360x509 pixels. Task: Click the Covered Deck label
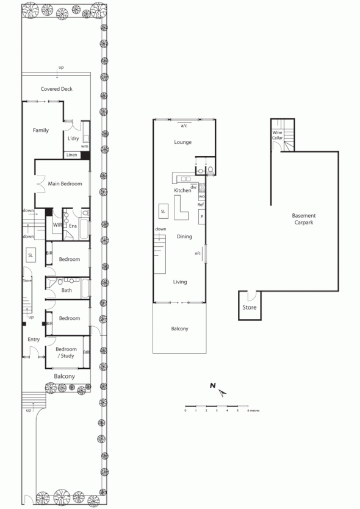pos(57,89)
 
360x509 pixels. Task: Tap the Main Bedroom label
pos(65,183)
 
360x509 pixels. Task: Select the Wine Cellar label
pos(277,135)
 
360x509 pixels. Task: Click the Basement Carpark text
pos(303,219)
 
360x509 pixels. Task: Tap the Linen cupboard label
pos(72,155)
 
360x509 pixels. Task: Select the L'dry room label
pos(73,138)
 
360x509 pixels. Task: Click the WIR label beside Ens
pos(57,226)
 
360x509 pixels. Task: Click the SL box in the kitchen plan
pos(163,211)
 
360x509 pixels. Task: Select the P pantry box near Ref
pos(201,216)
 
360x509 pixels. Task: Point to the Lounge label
pos(183,142)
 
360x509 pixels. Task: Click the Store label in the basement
pos(250,307)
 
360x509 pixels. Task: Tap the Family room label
pos(41,130)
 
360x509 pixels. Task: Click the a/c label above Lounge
pos(184,125)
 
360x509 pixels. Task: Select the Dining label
pos(184,237)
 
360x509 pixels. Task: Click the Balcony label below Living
pos(179,329)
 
